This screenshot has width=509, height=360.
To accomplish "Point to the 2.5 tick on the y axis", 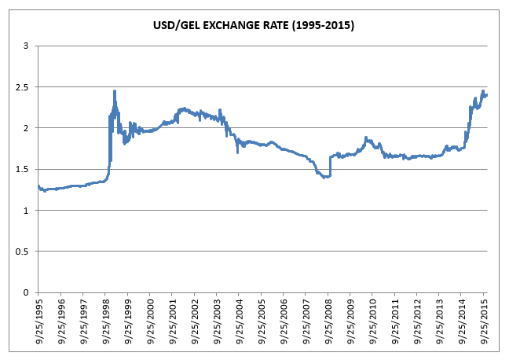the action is point(22,87).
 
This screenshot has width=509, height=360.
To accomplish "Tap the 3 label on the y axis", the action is point(26,46).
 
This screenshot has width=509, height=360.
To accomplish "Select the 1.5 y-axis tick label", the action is point(22,170).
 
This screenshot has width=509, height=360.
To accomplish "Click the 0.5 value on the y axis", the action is point(22,252).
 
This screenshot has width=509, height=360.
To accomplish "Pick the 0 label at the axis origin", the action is point(26,292).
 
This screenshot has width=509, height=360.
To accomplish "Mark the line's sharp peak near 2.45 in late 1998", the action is point(115,91).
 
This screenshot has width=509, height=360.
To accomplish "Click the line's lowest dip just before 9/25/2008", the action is point(324,178).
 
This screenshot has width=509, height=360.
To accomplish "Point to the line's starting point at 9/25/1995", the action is point(38,186).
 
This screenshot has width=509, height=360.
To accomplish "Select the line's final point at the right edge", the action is point(487,95).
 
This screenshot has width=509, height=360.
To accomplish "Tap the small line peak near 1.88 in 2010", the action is point(366,138).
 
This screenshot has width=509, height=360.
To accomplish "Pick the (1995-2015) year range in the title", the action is point(324,25).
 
